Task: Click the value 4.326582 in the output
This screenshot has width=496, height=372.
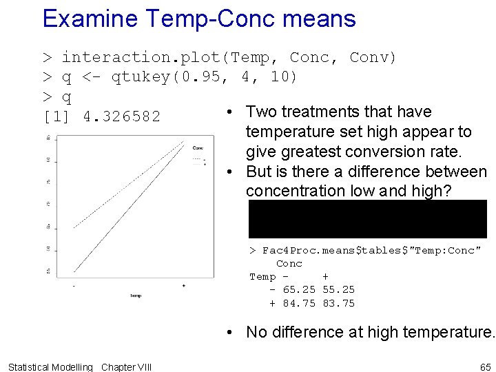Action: (122, 116)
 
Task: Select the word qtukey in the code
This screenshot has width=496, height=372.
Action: (141, 76)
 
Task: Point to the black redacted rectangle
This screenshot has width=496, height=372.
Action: (368, 219)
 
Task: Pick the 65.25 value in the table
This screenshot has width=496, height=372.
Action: (300, 290)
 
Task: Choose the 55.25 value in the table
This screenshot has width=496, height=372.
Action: (339, 290)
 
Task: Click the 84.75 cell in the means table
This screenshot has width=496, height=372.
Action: (300, 303)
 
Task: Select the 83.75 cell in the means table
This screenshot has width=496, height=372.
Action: (339, 303)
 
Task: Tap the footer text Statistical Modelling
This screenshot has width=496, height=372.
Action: (50, 366)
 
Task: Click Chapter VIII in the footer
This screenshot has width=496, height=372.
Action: (127, 366)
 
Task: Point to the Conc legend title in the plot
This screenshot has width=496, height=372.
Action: (198, 147)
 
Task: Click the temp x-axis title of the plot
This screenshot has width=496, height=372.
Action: (136, 296)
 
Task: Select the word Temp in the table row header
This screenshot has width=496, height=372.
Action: (262, 277)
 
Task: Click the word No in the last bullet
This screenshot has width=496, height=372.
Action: (256, 332)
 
